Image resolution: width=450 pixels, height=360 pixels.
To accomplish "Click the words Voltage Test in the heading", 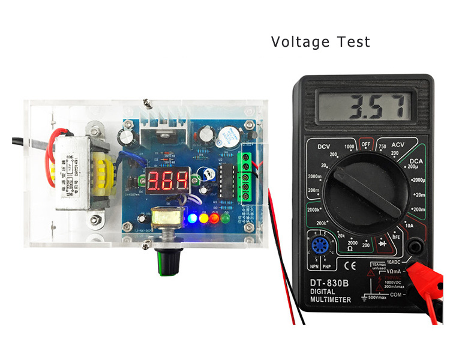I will pyautogui.click(x=320, y=42).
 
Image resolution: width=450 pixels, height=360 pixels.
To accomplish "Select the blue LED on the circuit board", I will pyautogui.click(x=192, y=218).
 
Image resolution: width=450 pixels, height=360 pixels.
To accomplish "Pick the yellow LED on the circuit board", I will pyautogui.click(x=203, y=218).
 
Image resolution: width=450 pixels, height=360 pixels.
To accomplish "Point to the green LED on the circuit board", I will pyautogui.click(x=225, y=218).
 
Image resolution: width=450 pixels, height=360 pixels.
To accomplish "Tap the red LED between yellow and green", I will pyautogui.click(x=214, y=218).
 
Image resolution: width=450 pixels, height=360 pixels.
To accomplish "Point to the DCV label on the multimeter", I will pyautogui.click(x=325, y=147).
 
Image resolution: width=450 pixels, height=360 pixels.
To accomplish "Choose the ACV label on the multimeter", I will pyautogui.click(x=400, y=146).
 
